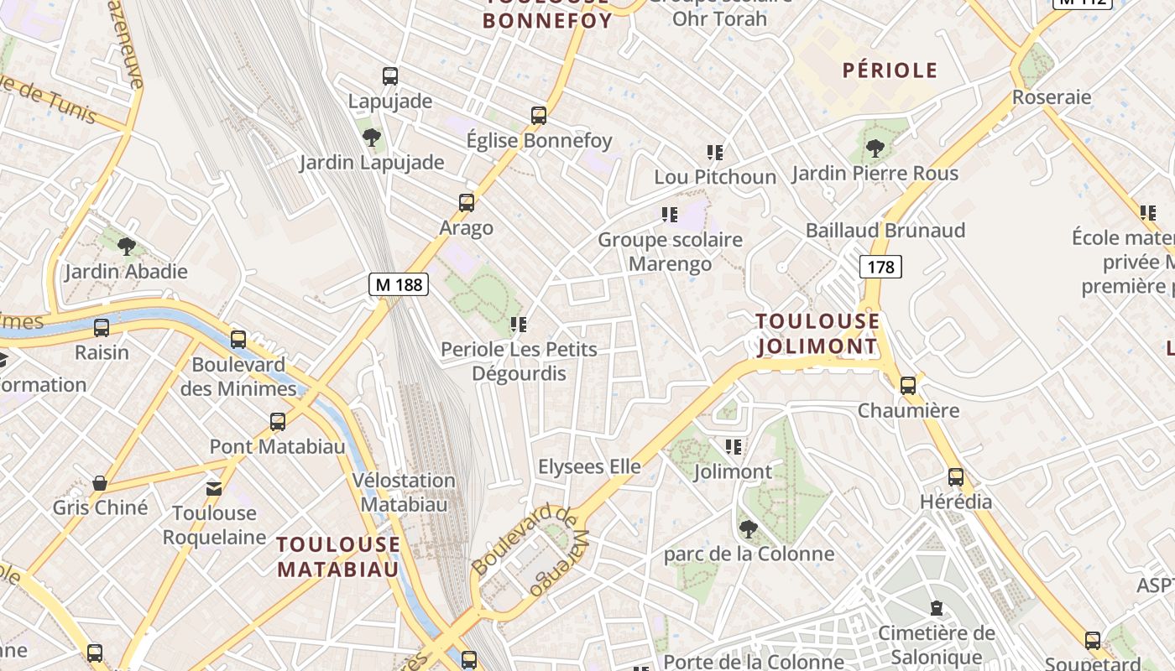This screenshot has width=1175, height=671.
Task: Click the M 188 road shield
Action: click(399, 284)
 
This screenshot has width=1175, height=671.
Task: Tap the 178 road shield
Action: click(880, 267)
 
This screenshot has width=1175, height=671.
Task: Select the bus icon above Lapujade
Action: click(390, 76)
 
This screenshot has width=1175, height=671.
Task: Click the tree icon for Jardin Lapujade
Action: click(371, 138)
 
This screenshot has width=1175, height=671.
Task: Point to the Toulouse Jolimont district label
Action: click(817, 334)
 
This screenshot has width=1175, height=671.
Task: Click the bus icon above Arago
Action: click(467, 203)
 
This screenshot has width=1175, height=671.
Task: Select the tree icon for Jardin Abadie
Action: click(127, 247)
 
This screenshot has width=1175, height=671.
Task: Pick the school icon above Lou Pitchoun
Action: click(715, 153)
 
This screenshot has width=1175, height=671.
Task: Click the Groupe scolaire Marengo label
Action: click(670, 252)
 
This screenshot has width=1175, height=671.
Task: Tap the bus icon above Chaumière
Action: click(908, 386)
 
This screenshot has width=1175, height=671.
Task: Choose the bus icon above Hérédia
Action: click(956, 477)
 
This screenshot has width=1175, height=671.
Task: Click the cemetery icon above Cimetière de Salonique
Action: click(937, 608)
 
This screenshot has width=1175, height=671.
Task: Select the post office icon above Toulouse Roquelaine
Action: click(214, 488)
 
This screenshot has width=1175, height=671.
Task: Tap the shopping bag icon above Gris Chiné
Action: click(100, 483)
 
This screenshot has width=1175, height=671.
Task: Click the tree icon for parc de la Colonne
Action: click(748, 529)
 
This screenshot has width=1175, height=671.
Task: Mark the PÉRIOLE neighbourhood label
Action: click(890, 70)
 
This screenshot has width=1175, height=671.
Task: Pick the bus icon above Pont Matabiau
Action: click(278, 422)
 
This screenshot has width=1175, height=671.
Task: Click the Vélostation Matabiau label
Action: click(404, 492)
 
